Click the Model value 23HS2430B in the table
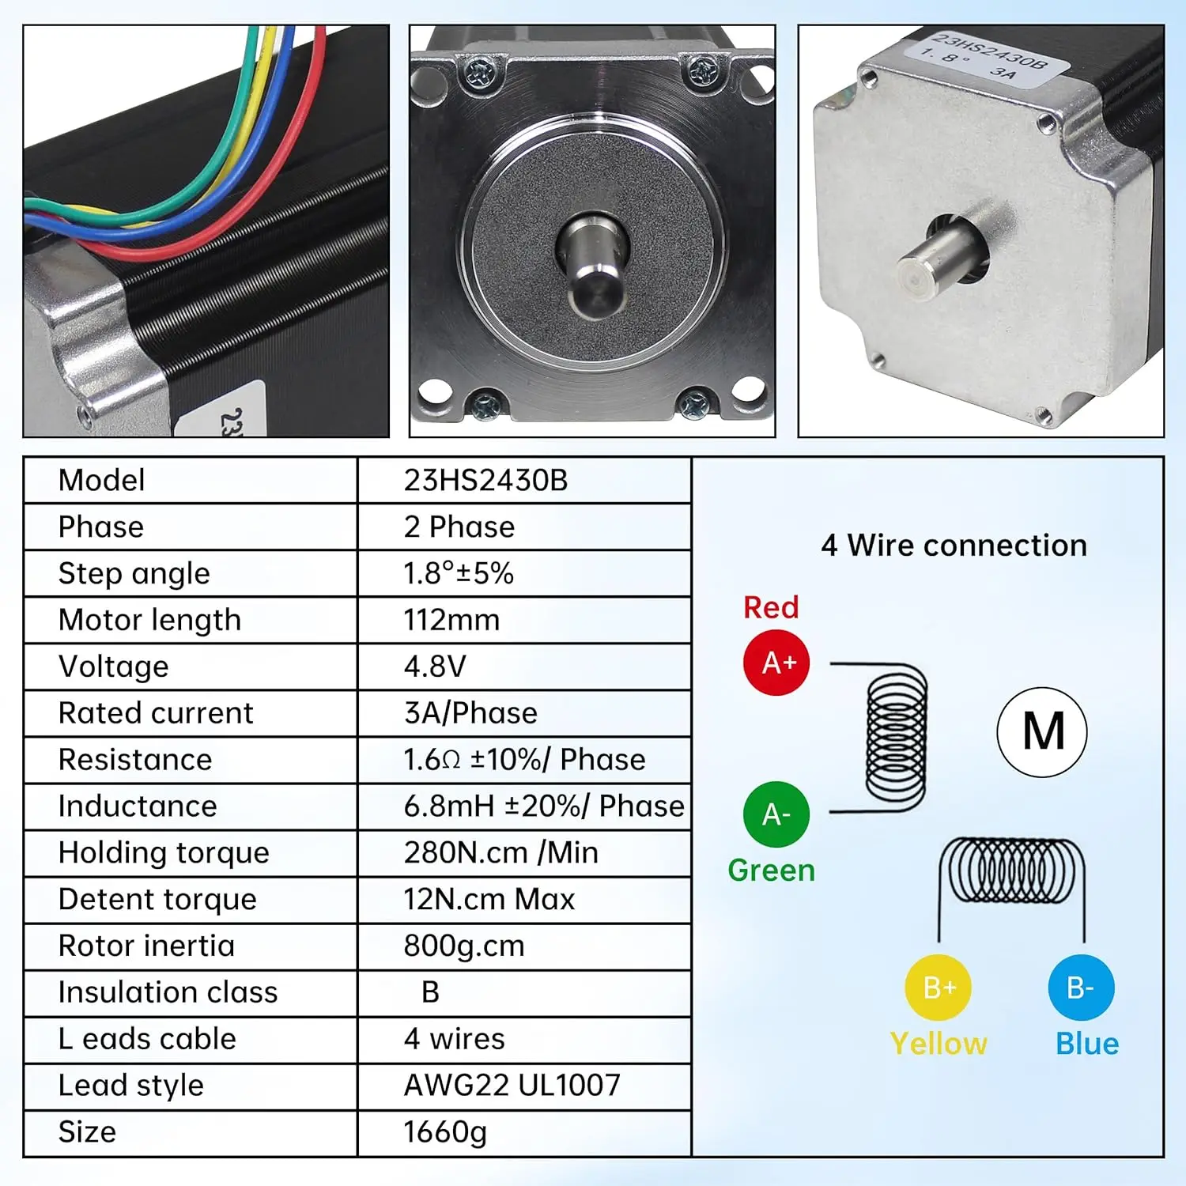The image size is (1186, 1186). (485, 480)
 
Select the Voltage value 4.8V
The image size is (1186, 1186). (435, 667)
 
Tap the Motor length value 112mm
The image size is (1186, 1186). (451, 620)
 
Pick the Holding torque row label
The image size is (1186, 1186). (164, 852)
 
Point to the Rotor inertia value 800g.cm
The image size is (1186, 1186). (464, 946)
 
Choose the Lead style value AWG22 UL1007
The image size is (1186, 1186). (512, 1086)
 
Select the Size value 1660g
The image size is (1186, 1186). (445, 1132)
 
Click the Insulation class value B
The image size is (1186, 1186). (430, 992)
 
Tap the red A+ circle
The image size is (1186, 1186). (777, 663)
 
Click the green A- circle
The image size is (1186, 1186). (776, 814)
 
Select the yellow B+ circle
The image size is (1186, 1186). (939, 988)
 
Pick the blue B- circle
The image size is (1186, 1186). (1081, 988)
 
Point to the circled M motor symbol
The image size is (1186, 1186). (1042, 732)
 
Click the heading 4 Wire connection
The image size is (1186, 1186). (954, 546)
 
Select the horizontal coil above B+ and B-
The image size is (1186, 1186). (1011, 871)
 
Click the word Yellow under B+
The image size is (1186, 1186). (939, 1044)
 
